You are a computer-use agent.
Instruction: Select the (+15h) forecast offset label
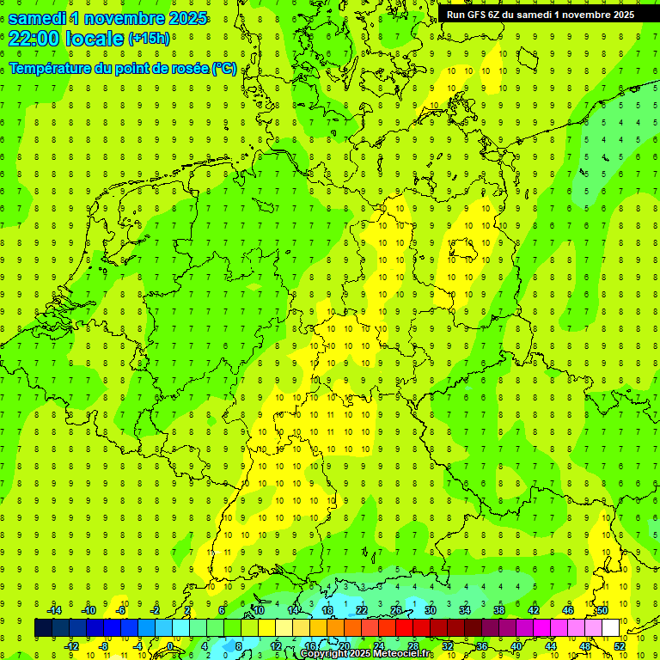149,39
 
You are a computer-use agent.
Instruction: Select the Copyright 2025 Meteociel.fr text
365,654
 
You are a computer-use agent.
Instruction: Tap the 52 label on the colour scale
619,645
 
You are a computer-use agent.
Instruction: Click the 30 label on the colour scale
430,610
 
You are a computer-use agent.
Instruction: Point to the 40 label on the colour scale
516,645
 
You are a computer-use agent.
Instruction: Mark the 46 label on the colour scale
567,610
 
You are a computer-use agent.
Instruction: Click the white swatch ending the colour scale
610,627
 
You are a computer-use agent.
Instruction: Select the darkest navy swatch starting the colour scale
43,627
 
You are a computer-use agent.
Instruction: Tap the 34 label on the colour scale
464,610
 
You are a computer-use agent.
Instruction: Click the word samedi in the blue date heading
38,18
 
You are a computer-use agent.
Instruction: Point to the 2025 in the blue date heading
187,18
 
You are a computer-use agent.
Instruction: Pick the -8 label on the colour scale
104,645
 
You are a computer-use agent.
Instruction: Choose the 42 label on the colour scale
533,610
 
